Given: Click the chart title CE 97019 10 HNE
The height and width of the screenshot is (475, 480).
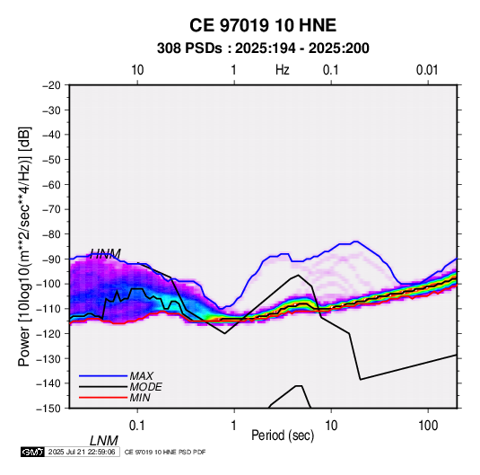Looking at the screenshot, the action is point(263,25).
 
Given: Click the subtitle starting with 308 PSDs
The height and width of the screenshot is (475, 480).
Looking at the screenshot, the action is point(263,48).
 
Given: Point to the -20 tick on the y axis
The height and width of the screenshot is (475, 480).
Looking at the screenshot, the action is point(51,85).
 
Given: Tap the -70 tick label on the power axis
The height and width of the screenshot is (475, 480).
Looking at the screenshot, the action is point(51,209).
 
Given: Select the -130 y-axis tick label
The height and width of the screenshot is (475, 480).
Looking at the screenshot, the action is point(49,358).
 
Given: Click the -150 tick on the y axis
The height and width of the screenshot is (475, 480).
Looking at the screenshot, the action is point(49,409).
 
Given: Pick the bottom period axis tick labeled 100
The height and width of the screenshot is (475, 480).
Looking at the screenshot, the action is point(428,426).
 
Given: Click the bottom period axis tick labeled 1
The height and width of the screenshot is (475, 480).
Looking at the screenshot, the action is point(234,426).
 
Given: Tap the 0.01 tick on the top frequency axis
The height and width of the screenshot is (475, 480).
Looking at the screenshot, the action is point(427,70).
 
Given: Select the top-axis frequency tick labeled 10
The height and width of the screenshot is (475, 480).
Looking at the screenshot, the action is point(137,70).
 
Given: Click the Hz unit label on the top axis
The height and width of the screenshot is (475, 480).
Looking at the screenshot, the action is point(283,70).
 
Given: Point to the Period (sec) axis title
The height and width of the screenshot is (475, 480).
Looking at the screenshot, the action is point(283,435).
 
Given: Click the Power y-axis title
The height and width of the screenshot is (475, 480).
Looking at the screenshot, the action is point(24,246).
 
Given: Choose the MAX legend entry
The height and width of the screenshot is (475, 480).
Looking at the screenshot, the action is point(141,376).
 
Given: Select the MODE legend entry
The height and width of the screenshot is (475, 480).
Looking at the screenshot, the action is point(145,387).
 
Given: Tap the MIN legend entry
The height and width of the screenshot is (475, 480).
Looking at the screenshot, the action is point(140,398).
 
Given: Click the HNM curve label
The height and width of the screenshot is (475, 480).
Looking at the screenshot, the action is point(105,254).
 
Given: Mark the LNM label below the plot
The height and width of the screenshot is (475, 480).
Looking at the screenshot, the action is point(104,441).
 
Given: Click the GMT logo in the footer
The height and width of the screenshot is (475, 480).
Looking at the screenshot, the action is point(33,452).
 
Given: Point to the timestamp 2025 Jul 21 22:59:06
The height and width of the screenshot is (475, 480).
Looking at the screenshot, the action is point(82,452).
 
